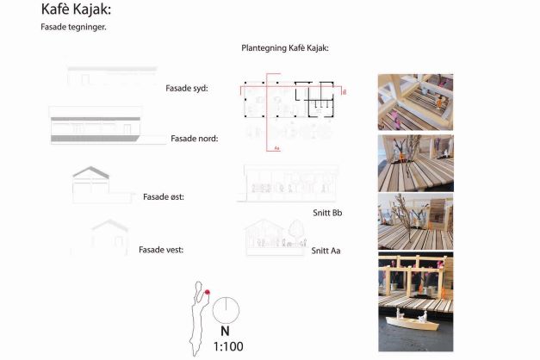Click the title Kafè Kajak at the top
[x=76, y=9]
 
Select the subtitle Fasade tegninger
[x=73, y=28]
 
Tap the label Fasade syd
[x=187, y=88]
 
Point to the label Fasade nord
[x=195, y=139]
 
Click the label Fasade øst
[x=164, y=196]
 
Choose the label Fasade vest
[x=161, y=250]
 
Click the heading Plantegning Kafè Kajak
[x=285, y=48]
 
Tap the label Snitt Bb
[x=327, y=213]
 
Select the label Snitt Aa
[x=326, y=251]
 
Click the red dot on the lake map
[x=208, y=292]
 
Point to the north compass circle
[x=226, y=310]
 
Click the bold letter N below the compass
[x=225, y=331]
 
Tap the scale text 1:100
[x=228, y=346]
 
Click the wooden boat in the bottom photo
[x=413, y=322]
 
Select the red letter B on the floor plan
[x=344, y=92]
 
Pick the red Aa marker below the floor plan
[x=276, y=148]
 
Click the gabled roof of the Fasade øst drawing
[x=90, y=172]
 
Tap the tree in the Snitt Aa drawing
[x=295, y=229]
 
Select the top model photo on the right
[x=415, y=102]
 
